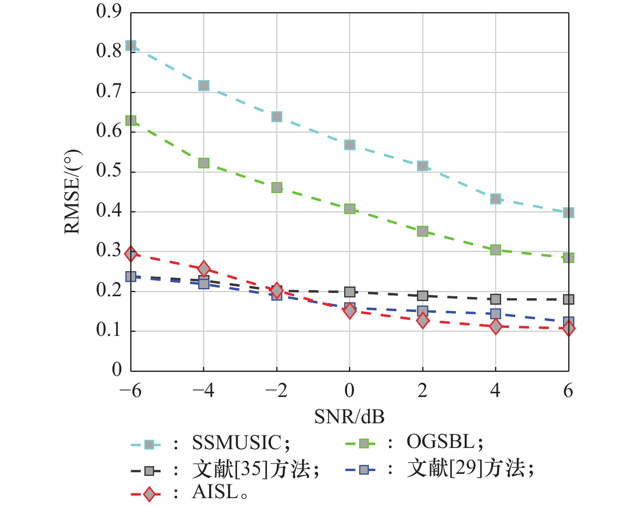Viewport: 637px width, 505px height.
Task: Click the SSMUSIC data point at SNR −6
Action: point(131,45)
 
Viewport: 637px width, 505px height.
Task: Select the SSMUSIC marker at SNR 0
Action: point(350,145)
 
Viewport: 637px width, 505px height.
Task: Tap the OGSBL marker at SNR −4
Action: point(204,163)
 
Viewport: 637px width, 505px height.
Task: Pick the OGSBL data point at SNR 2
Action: point(423,231)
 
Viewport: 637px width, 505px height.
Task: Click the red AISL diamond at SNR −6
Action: point(131,254)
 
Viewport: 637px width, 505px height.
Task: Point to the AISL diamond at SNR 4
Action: point(495,326)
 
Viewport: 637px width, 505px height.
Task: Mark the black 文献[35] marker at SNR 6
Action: point(568,299)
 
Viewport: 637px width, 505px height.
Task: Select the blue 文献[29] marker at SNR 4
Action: point(495,314)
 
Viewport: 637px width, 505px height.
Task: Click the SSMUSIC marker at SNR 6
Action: point(568,212)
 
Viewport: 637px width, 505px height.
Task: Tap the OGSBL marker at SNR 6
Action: point(568,258)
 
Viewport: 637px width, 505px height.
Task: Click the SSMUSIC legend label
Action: point(237,443)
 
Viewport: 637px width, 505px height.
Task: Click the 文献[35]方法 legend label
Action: point(251,469)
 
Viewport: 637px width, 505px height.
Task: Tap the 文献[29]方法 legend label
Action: point(466,469)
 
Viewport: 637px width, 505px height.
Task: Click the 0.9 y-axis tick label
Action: point(109,11)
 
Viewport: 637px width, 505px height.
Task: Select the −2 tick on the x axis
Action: point(276,391)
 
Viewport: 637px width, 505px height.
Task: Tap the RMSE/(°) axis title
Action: point(73,192)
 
